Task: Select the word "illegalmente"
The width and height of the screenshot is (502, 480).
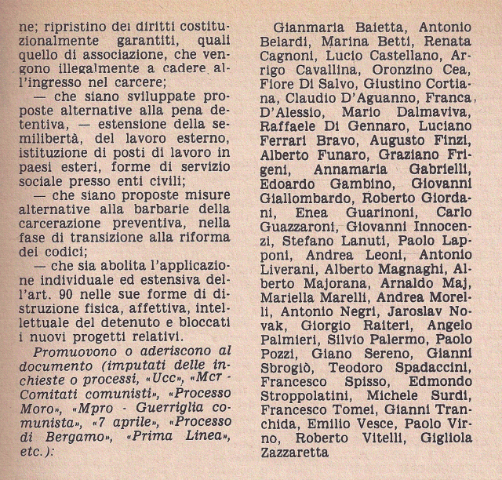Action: pos(86,79)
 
